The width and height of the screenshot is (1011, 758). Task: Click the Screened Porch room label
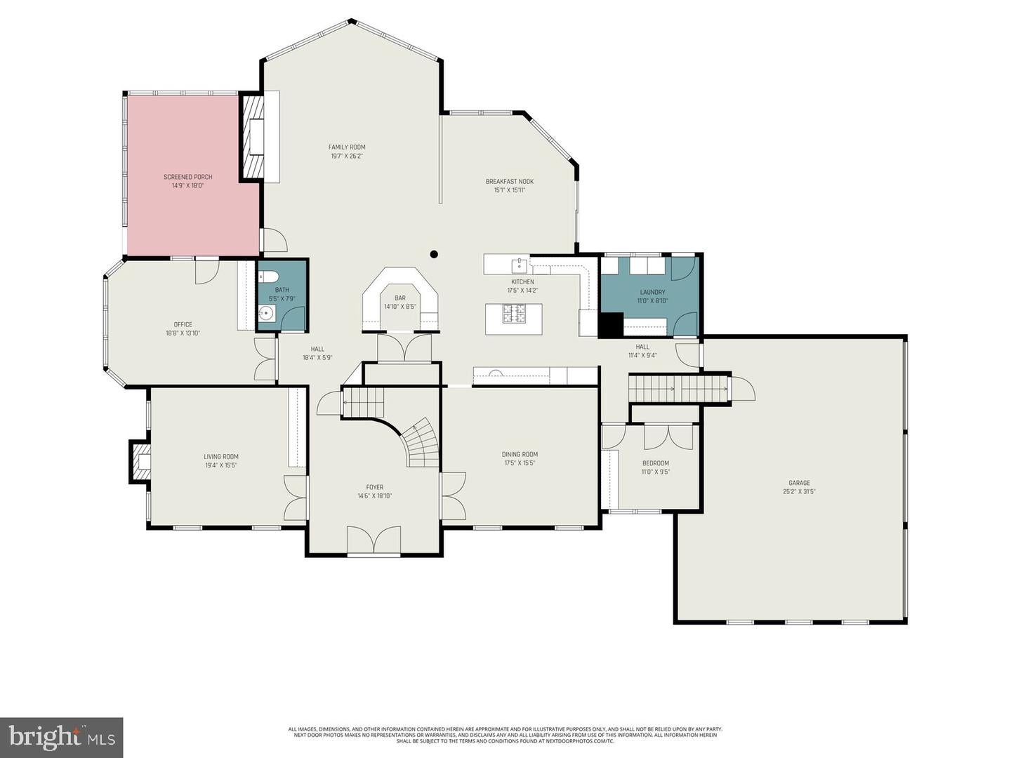(187, 177)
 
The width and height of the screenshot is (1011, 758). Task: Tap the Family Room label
(347, 147)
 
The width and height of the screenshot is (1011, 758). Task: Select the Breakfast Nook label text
(509, 182)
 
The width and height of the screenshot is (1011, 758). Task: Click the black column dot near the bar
(434, 254)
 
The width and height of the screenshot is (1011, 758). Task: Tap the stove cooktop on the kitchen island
(513, 314)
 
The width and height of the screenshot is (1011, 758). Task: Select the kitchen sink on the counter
(519, 264)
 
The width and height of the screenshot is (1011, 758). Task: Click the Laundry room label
(652, 292)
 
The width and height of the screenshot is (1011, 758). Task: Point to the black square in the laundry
(610, 324)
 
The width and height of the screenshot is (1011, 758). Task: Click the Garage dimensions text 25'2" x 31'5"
(799, 491)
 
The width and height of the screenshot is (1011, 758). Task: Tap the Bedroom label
(655, 463)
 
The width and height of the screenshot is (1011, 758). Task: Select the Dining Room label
(520, 454)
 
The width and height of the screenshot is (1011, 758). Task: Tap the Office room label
(183, 324)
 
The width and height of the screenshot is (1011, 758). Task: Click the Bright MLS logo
(61, 737)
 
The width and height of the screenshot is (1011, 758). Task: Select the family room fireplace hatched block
(251, 137)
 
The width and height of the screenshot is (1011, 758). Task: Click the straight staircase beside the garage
(678, 389)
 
